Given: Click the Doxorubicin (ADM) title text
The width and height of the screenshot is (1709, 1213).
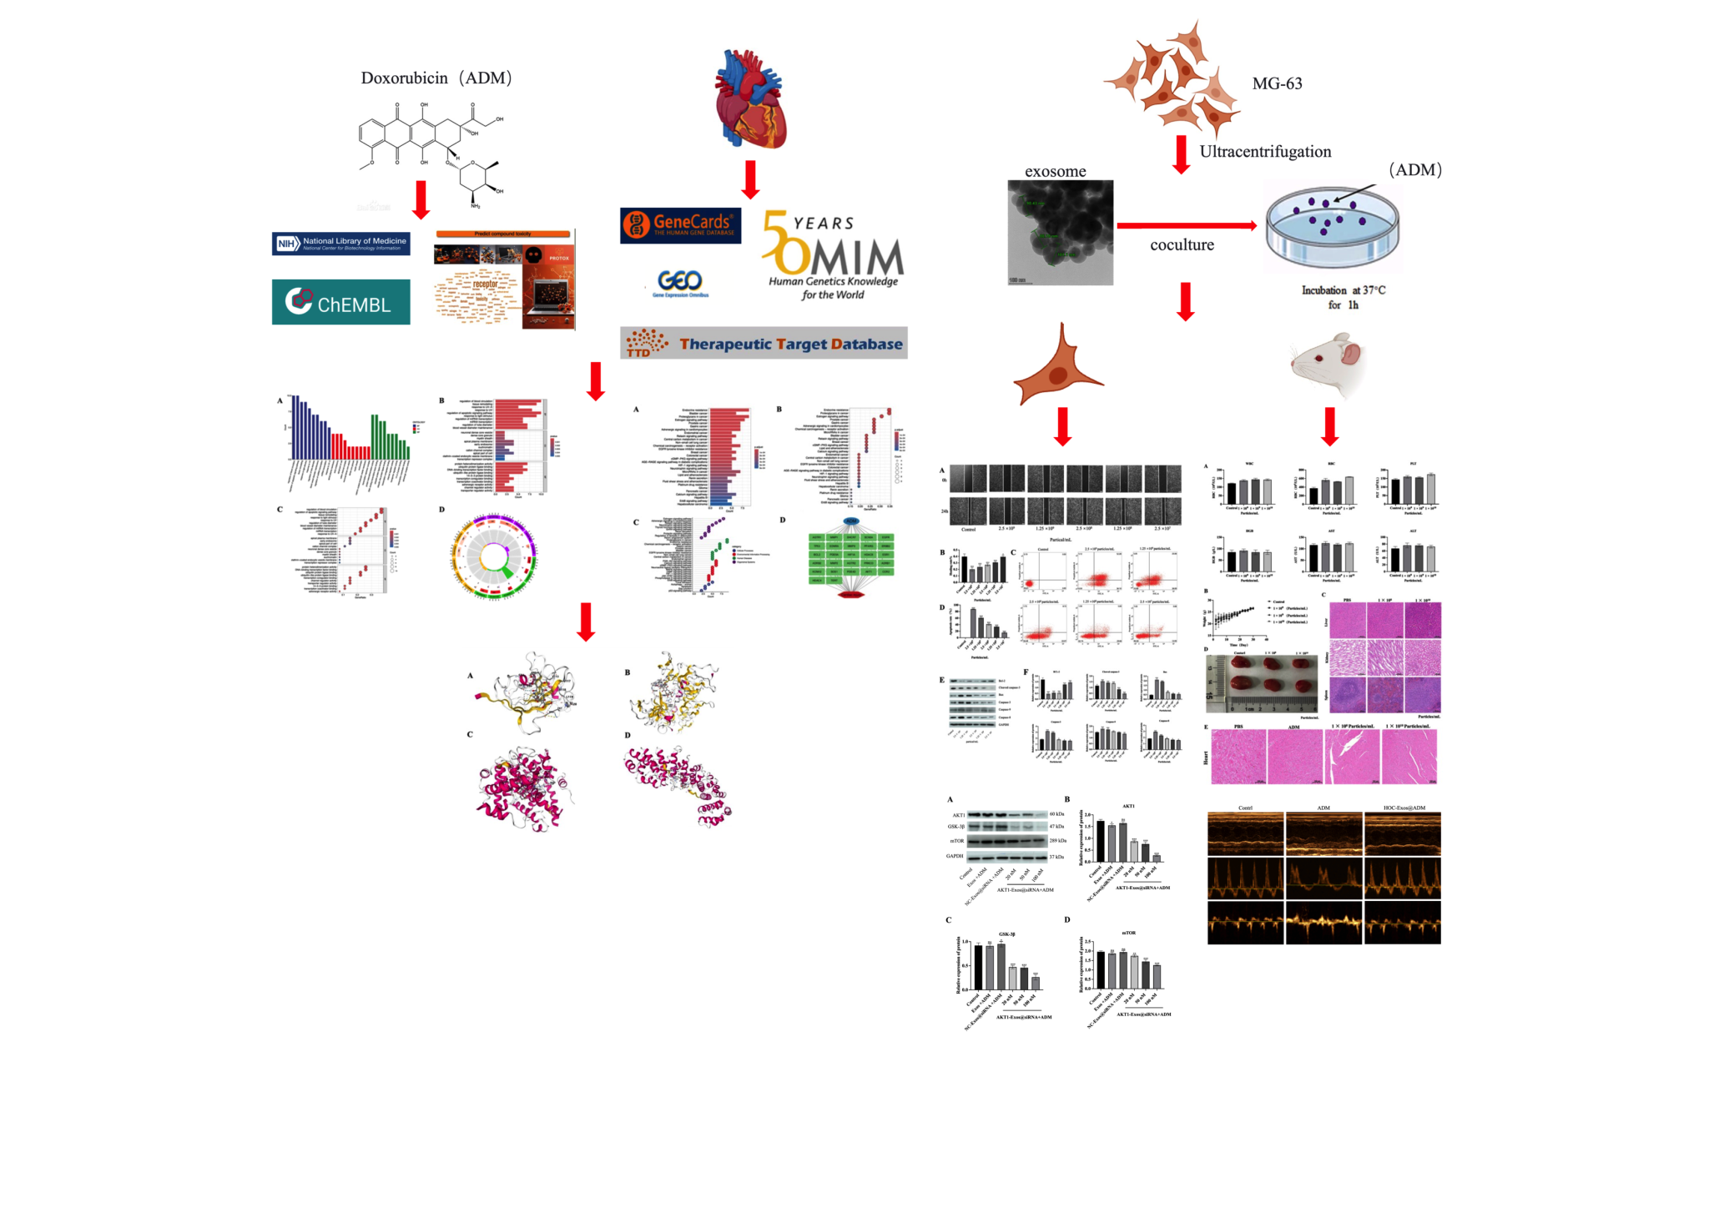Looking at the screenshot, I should pos(436,78).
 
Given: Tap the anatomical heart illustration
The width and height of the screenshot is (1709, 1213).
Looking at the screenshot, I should pos(750,100).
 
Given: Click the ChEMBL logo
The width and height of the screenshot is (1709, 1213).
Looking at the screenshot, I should pos(340,302).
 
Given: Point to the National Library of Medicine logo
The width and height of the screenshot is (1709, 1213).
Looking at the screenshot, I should pos(340,244).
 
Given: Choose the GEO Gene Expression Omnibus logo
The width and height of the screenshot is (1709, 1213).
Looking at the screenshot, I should pos(680,284).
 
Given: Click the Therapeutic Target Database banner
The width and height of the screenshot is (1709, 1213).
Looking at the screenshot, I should pos(764,343).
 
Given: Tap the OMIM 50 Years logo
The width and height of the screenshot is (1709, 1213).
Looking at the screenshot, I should pos(833,254).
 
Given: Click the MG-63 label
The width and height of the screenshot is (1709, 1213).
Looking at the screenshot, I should pos(1277,83).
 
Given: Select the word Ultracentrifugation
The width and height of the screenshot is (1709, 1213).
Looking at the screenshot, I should pos(1265,152).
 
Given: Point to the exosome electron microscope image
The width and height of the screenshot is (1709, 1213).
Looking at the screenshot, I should pos(1060,233).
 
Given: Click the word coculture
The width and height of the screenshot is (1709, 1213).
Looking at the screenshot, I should pos(1182,245).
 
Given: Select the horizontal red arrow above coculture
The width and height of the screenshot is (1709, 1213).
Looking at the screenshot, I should pos(1186,225).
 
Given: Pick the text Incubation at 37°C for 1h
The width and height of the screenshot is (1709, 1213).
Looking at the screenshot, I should pos(1343,298).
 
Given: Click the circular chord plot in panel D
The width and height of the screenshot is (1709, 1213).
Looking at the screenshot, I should pos(494,555).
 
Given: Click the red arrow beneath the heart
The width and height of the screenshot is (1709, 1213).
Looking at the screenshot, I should pos(750,179).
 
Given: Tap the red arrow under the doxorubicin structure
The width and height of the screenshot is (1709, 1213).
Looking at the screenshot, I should pos(421,199).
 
